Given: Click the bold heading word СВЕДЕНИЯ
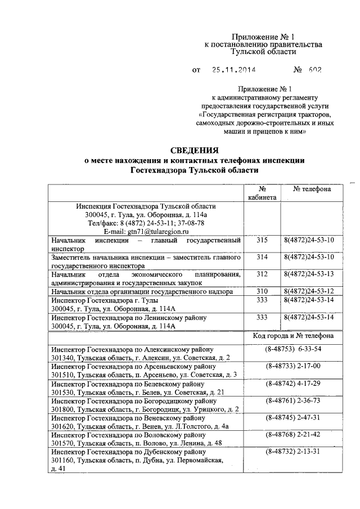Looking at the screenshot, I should coord(194,150).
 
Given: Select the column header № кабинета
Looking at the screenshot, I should coord(262,193).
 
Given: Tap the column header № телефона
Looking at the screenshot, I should coord(312,189).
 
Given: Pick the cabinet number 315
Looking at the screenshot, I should coord(262,240).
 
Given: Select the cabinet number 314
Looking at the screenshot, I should coord(262,257).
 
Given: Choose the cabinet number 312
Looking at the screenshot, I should coord(262,274).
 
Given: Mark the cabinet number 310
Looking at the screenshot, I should coord(262,291).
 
